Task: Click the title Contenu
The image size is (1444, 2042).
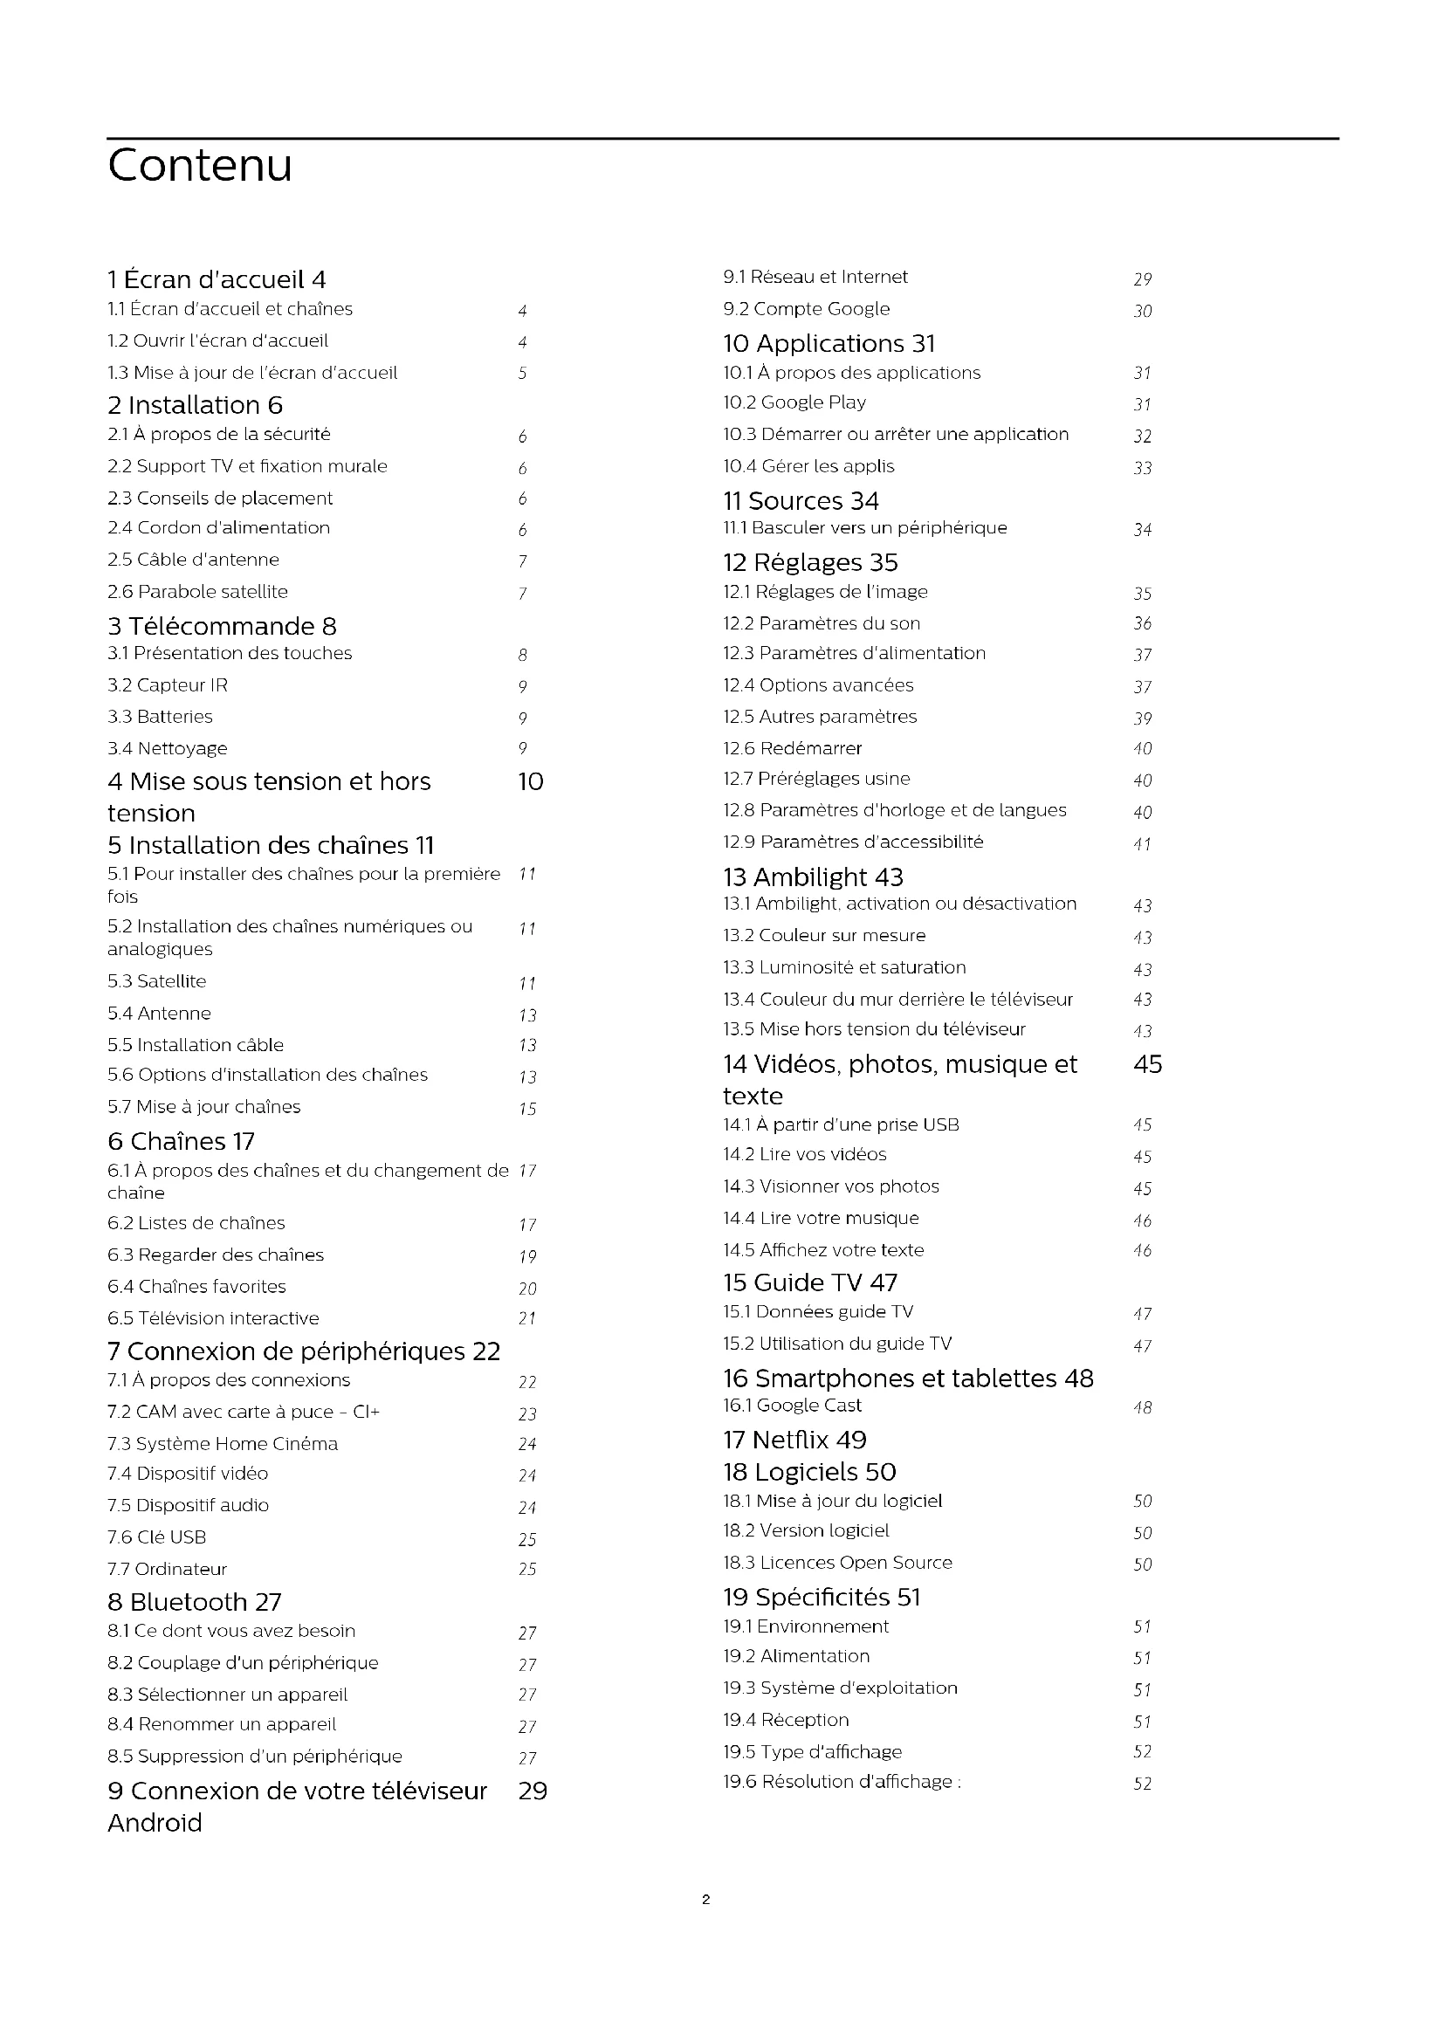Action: (x=200, y=165)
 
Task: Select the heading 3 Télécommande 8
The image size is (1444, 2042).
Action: (x=223, y=626)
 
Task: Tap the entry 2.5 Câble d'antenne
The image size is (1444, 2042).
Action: (x=193, y=560)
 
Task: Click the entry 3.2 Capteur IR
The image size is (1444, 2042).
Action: (x=168, y=684)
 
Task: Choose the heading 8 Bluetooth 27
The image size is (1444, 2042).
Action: (x=195, y=1602)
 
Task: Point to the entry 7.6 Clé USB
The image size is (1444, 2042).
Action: (x=156, y=1537)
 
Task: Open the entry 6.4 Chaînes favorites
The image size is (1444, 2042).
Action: (x=196, y=1286)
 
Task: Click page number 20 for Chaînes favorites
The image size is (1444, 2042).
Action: (x=527, y=1288)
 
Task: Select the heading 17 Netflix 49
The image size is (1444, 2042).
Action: (x=795, y=1440)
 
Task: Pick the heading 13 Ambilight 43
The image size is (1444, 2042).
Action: (x=813, y=877)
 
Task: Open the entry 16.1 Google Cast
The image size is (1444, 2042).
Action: (x=792, y=1406)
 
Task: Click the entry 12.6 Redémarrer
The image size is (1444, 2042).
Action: (x=792, y=748)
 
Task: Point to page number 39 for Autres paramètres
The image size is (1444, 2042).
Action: (x=1143, y=718)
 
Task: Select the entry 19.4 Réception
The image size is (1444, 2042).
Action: (x=786, y=1719)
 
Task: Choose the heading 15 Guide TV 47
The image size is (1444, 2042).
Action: (x=810, y=1282)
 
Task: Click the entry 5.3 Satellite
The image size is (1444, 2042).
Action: (x=156, y=981)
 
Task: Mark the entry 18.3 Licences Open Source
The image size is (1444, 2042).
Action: (x=837, y=1562)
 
